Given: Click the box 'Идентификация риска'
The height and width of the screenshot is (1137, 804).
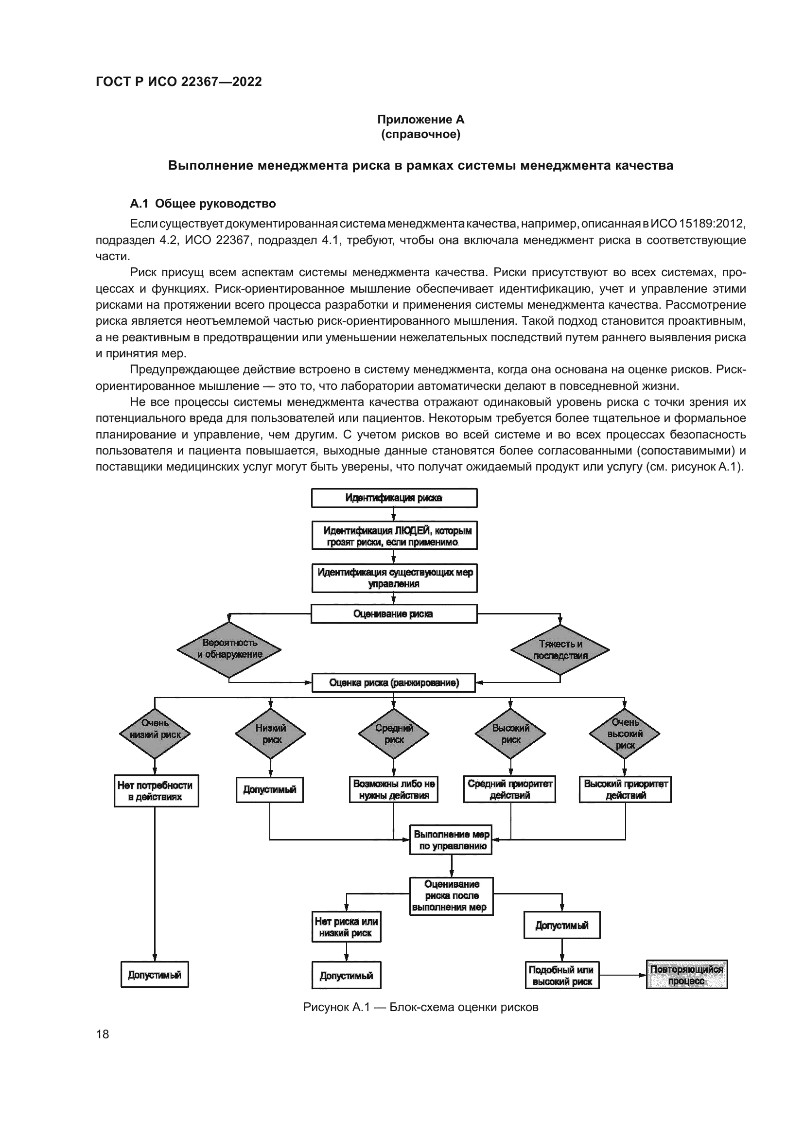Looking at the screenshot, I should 394,498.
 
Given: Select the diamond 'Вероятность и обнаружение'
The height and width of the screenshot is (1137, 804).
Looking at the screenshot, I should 229,649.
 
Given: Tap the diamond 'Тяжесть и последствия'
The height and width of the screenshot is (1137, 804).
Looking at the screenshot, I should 560,650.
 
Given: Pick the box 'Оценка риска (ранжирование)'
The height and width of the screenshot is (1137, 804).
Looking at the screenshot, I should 394,683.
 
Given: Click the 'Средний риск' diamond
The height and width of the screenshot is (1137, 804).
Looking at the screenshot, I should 394,734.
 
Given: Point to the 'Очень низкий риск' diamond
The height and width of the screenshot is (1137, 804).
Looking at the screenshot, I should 155,734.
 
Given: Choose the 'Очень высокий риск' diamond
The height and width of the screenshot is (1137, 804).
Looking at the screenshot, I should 624,734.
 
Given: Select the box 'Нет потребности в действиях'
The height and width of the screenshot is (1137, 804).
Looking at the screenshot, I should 156,791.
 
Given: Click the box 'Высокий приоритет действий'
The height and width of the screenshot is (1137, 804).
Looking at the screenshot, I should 625,789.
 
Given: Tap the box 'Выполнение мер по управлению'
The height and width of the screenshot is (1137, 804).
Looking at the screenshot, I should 451,840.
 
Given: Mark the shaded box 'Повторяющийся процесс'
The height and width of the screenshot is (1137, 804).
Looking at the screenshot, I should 687,975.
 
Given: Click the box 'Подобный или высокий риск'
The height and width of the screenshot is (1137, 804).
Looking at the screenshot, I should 562,976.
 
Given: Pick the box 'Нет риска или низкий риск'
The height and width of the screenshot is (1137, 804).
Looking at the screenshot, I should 346,927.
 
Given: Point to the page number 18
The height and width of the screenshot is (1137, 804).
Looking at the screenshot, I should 103,1034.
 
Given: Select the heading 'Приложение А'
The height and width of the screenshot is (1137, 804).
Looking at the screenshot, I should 420,120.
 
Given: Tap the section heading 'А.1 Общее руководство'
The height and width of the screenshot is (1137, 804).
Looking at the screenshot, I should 203,204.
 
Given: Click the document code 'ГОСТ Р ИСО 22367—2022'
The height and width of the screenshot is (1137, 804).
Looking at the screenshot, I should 179,82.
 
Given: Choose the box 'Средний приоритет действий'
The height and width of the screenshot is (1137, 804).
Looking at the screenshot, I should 509,789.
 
